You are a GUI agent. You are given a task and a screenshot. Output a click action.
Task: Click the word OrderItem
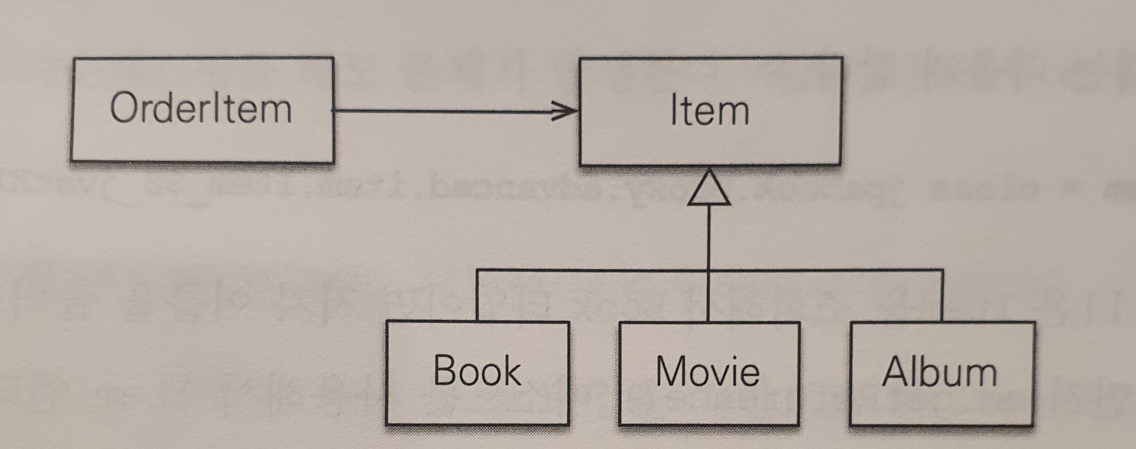pyautogui.click(x=201, y=108)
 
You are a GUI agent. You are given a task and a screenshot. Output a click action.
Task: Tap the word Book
pyautogui.click(x=477, y=371)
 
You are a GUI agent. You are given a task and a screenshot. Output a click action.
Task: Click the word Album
pyautogui.click(x=939, y=372)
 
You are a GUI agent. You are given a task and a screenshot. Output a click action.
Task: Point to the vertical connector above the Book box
pyautogui.click(x=477, y=295)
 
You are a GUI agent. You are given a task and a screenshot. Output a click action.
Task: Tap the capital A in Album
pyautogui.click(x=896, y=372)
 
